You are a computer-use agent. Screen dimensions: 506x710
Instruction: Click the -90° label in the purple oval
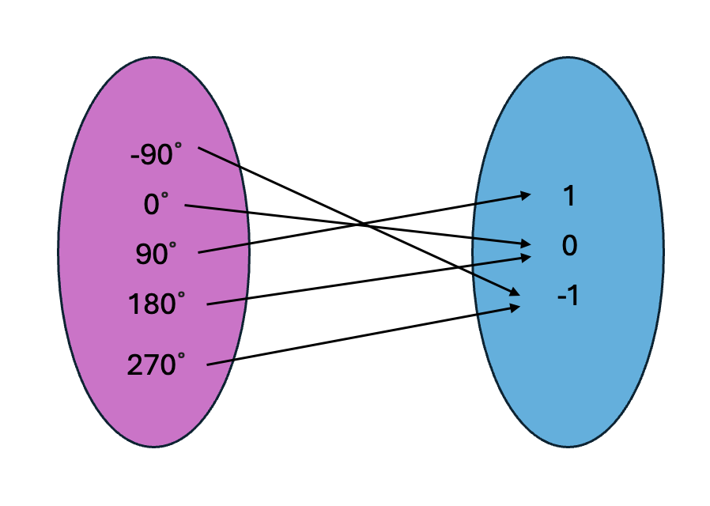point(157,156)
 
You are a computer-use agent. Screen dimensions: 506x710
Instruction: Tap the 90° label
point(157,254)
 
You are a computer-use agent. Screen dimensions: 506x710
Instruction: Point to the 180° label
point(157,304)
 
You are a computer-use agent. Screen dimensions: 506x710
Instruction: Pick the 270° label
point(157,364)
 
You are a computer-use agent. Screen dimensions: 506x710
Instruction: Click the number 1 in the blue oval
point(568,197)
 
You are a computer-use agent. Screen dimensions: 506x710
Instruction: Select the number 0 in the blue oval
point(569,247)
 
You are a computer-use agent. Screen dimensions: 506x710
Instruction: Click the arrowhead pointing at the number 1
point(526,194)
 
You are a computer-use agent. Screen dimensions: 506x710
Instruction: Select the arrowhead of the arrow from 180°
point(526,257)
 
